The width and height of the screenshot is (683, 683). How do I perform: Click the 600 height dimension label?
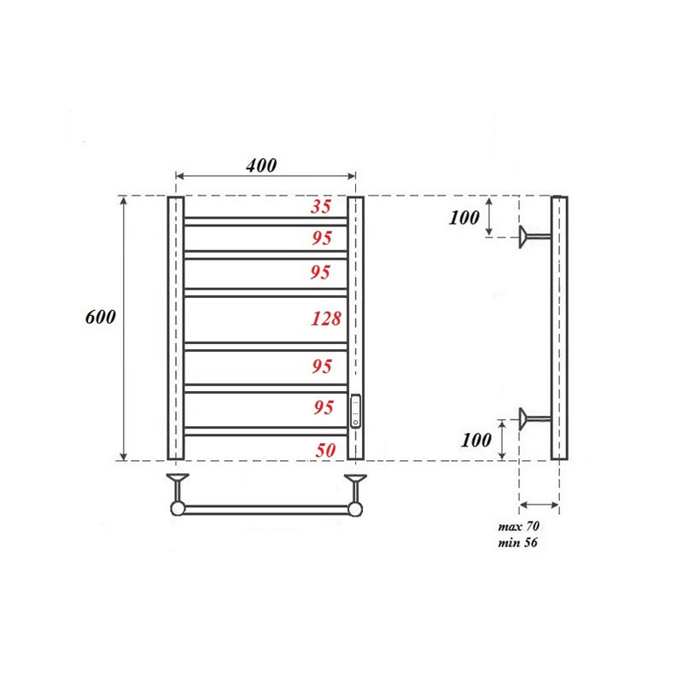[x=101, y=317]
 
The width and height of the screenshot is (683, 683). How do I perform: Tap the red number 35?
[x=321, y=206]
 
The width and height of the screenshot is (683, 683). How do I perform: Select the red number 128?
[x=325, y=319]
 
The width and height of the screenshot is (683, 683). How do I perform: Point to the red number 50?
[x=324, y=450]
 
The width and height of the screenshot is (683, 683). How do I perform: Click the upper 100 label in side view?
[x=464, y=217]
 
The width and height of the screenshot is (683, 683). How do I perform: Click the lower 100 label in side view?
[x=476, y=441]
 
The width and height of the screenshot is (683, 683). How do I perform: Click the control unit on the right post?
[x=356, y=411]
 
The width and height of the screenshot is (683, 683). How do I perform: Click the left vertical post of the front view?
[x=176, y=329]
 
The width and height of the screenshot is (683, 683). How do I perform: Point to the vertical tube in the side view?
[x=558, y=329]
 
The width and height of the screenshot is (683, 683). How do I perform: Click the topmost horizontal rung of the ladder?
[x=266, y=220]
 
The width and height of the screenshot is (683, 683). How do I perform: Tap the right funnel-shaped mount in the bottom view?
[x=354, y=483]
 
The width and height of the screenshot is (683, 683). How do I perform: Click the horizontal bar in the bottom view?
[x=266, y=509]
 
